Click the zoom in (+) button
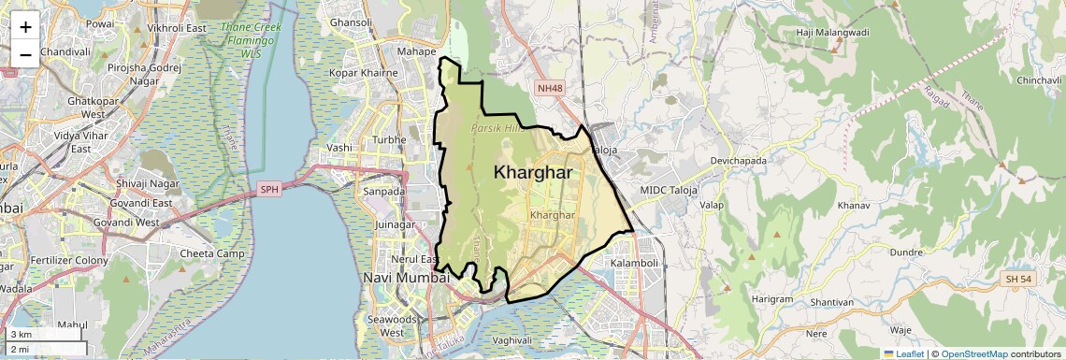click(25, 27)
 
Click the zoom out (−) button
click(25, 54)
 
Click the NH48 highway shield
click(550, 89)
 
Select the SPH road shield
click(270, 190)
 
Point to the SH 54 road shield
click(1018, 280)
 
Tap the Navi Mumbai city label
click(406, 278)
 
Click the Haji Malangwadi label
click(832, 33)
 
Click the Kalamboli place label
click(635, 264)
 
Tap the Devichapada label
click(744, 161)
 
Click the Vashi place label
click(339, 148)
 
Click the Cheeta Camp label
click(212, 253)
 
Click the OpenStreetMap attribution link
click(973, 353)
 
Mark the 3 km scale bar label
click(22, 334)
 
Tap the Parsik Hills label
click(497, 128)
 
